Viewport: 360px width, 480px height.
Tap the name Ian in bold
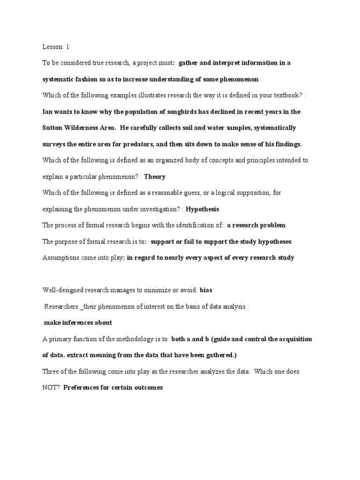coord(47,112)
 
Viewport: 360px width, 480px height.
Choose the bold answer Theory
coord(155,177)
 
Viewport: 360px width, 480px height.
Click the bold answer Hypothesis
coord(202,209)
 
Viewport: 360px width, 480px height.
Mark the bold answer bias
coord(206,290)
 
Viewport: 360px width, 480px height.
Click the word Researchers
coord(61,307)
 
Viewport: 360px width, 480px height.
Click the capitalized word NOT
coord(50,388)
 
